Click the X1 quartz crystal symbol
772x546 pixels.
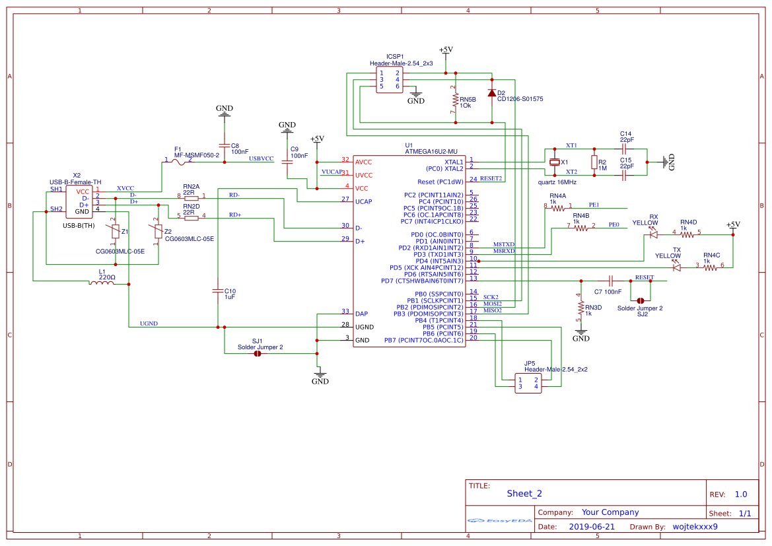coord(555,162)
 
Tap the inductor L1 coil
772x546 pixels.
coord(102,283)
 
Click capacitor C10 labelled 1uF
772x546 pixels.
coord(217,290)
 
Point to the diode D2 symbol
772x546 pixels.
coord(492,93)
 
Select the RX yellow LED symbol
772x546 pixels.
coord(654,234)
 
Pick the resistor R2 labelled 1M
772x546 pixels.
coord(594,162)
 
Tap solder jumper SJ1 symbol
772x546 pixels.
coord(258,353)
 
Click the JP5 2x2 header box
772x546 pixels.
coord(528,383)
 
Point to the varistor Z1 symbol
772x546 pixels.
coord(116,231)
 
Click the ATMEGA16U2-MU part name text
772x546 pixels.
coord(431,151)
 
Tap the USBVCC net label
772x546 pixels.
coord(261,158)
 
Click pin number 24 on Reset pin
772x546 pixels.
coord(473,179)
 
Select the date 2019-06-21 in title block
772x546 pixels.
coord(591,527)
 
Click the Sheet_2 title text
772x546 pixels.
coord(524,493)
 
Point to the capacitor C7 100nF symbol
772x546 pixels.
coord(611,281)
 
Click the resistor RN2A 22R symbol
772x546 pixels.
coord(192,197)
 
